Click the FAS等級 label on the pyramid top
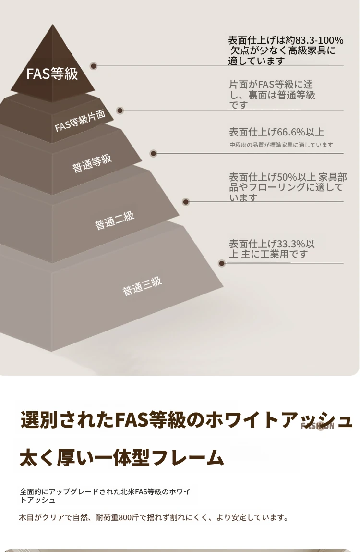point(52,74)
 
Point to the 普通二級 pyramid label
point(114,221)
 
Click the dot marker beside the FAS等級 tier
point(94,66)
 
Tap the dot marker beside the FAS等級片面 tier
point(120,110)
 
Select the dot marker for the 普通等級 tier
point(154,154)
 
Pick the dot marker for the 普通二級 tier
point(186,202)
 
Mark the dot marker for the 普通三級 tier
point(222,263)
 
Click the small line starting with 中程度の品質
point(281,145)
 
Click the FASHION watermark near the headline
point(317,426)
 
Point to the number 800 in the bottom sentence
point(125,517)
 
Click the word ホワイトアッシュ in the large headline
point(280,420)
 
